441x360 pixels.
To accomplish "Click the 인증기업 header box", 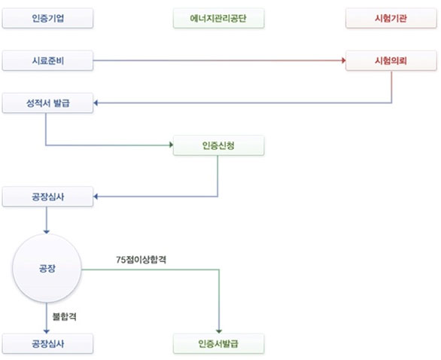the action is [47, 18].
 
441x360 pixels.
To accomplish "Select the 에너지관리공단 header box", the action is [218, 18].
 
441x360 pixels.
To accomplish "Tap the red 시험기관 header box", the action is [391, 18].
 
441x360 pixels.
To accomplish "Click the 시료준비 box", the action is [47, 60].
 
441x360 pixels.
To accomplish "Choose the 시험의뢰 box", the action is [391, 60].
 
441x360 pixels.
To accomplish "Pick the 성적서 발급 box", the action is [47, 103].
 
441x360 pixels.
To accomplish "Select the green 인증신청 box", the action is [218, 145].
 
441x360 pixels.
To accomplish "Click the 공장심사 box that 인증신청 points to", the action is [47, 197].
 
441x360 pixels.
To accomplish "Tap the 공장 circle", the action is [47, 268].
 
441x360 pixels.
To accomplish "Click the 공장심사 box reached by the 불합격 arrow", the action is [47, 343].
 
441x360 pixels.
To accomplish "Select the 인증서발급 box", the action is [218, 343].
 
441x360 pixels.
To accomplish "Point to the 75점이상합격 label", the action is [141, 260].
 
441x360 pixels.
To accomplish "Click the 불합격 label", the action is [65, 316].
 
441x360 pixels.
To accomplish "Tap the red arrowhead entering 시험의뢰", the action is [343, 60].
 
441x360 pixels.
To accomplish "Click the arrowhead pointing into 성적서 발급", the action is [96, 103].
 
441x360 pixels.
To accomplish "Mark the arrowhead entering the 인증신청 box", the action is [171, 145].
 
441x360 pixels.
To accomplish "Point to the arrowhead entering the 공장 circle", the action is [47, 232].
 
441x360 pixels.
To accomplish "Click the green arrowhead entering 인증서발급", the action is [219, 331].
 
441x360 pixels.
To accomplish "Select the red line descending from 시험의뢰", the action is [391, 87].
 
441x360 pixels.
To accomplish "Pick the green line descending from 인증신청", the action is [217, 176].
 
